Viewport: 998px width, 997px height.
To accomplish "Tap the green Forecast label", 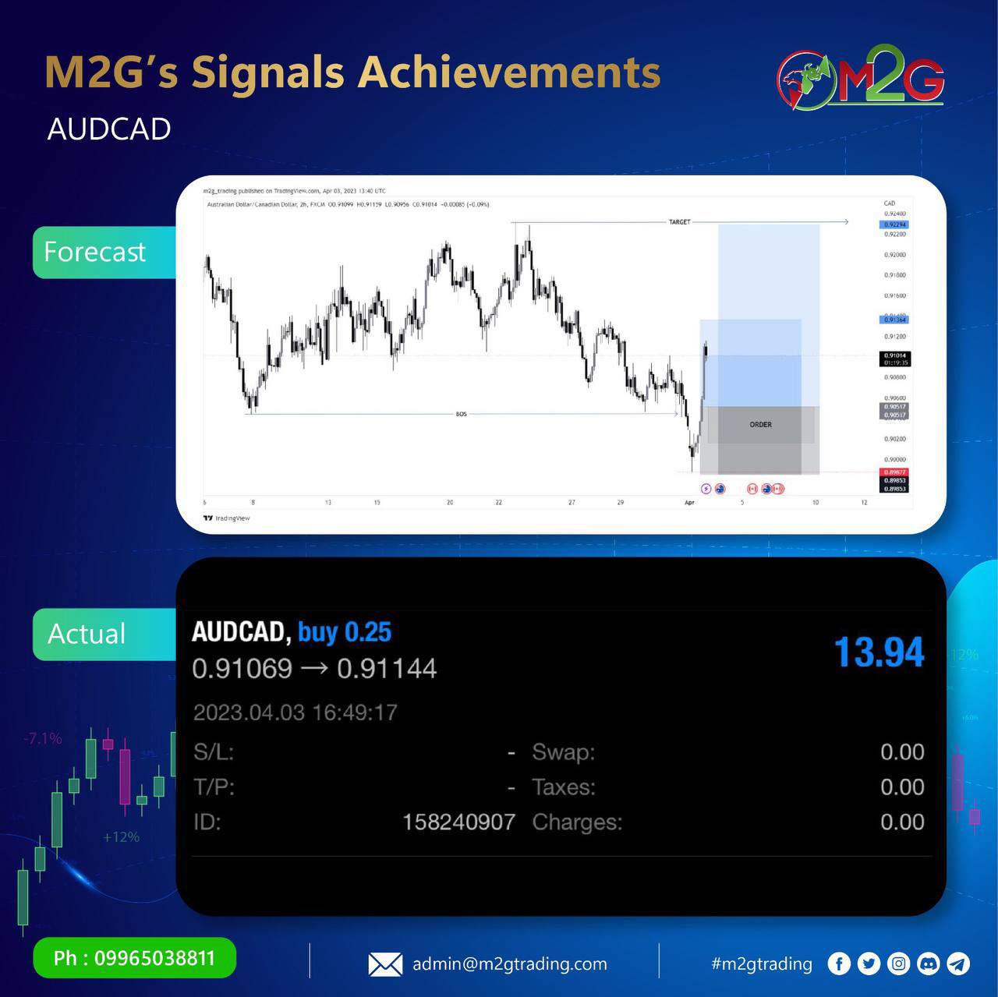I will pyautogui.click(x=95, y=252).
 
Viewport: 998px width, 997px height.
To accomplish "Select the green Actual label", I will pyautogui.click(x=87, y=634).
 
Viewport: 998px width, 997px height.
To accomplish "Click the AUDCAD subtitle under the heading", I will pyautogui.click(x=109, y=129).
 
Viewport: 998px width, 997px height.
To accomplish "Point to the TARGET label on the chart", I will pyautogui.click(x=679, y=222).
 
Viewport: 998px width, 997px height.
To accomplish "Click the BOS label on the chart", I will pyautogui.click(x=462, y=414).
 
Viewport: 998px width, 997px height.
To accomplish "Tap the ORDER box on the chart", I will pyautogui.click(x=760, y=425).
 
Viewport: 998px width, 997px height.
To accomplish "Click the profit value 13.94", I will pyautogui.click(x=879, y=652).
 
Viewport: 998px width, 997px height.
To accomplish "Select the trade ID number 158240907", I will pyautogui.click(x=458, y=822).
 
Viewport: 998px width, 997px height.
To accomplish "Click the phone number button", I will pyautogui.click(x=134, y=958).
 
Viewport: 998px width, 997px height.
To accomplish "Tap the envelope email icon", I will pyautogui.click(x=385, y=964).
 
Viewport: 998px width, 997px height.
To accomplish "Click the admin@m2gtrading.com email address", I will pyautogui.click(x=510, y=964).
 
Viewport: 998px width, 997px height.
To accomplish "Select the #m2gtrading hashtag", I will pyautogui.click(x=762, y=964).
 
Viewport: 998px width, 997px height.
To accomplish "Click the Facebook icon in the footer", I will pyautogui.click(x=839, y=964).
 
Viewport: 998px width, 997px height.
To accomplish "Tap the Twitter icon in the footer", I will pyautogui.click(x=869, y=964).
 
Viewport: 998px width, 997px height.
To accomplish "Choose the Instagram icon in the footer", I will pyautogui.click(x=898, y=964).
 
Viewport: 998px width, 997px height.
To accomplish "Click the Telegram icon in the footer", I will pyautogui.click(x=958, y=964).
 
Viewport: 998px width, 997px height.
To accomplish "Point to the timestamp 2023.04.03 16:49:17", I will pyautogui.click(x=295, y=712).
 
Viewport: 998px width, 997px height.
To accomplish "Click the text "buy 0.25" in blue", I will pyautogui.click(x=345, y=632).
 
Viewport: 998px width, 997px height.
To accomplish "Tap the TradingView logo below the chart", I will pyautogui.click(x=227, y=518).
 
